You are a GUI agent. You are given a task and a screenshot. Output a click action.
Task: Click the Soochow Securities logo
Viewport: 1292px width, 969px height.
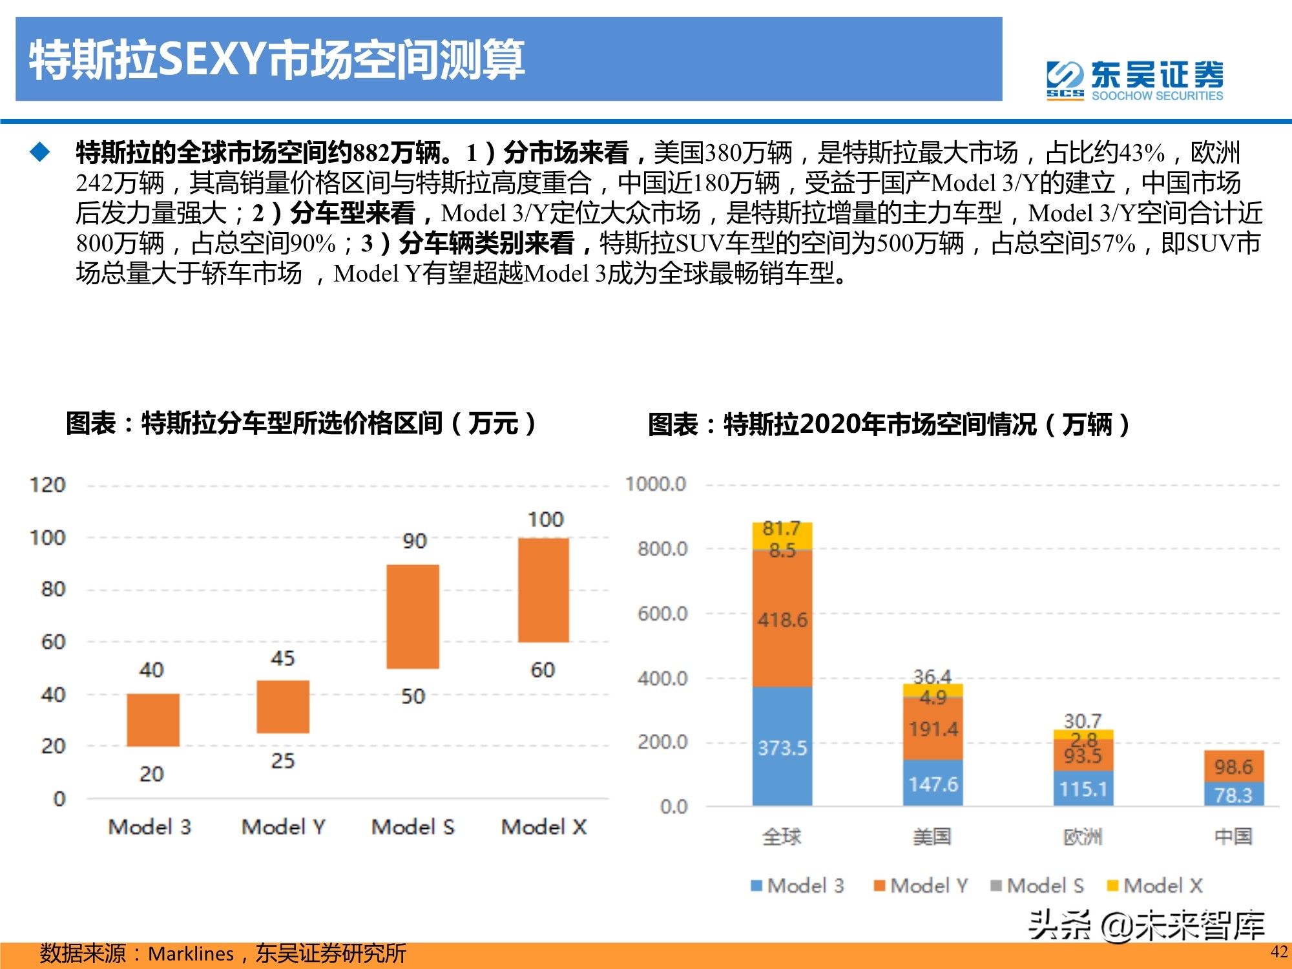tap(1134, 81)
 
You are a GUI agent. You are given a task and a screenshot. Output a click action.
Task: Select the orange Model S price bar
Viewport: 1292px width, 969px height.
tap(413, 616)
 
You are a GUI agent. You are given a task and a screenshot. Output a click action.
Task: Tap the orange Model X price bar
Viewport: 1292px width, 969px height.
tap(543, 590)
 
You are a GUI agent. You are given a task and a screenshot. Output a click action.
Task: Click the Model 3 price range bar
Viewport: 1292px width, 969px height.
tap(152, 720)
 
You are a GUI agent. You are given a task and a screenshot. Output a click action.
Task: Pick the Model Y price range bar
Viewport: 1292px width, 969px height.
tap(283, 707)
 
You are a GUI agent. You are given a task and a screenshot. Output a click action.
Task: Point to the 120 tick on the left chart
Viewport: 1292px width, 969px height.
tap(48, 484)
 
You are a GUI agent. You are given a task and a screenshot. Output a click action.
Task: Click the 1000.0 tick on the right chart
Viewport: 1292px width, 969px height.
tap(655, 484)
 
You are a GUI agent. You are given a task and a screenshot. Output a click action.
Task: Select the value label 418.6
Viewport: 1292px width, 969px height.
tap(782, 620)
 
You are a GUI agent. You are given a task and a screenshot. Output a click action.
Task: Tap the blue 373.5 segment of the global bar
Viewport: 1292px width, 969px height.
tap(782, 747)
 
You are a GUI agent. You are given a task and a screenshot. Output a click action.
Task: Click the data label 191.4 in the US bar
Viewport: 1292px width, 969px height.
tap(933, 729)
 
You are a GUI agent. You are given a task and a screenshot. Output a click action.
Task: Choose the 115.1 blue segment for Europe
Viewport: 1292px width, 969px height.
tap(1083, 789)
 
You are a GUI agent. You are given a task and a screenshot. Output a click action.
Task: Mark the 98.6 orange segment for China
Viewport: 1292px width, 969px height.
tap(1233, 767)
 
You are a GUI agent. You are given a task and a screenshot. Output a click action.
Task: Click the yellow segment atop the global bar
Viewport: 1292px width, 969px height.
tap(782, 534)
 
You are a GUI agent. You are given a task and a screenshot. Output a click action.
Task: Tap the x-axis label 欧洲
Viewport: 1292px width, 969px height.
tap(1083, 837)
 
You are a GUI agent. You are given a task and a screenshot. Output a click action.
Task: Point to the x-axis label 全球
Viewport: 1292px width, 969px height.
tap(782, 837)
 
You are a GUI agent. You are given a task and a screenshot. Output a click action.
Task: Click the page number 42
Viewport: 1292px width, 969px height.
tap(1278, 952)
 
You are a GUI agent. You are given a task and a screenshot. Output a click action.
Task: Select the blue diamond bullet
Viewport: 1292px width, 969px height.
tap(40, 152)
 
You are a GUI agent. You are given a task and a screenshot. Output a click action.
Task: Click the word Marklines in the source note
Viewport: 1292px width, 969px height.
tap(191, 953)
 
